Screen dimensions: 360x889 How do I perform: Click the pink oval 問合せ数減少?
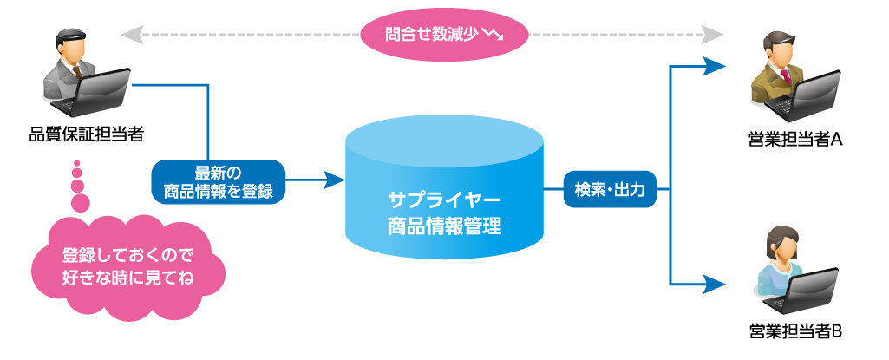[x=444, y=36]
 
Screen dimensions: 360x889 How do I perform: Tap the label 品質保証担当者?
[x=86, y=134]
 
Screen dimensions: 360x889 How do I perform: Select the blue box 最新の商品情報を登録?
[x=219, y=181]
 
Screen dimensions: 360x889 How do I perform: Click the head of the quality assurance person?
[x=69, y=43]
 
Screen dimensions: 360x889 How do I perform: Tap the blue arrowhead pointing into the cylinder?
[x=335, y=180]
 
